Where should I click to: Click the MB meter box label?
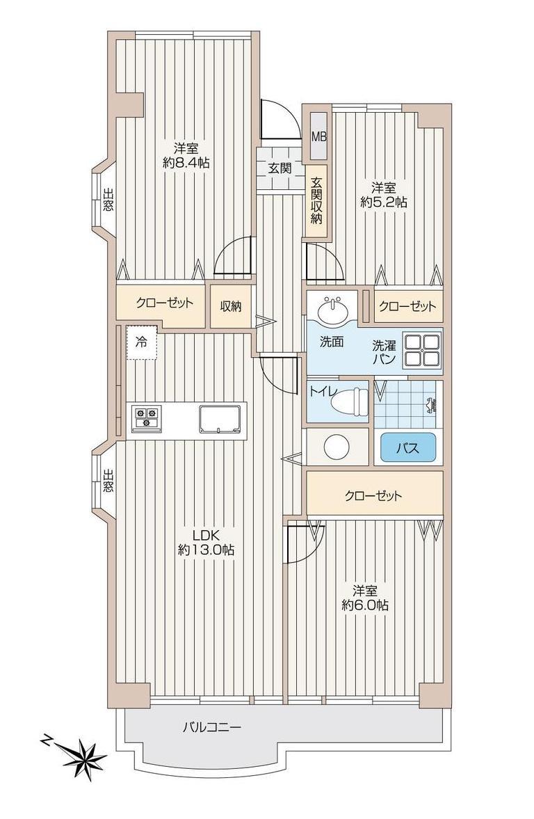pyautogui.click(x=318, y=137)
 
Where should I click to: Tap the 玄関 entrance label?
pyautogui.click(x=280, y=168)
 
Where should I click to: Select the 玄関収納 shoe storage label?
pyautogui.click(x=317, y=200)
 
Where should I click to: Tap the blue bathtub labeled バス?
pyautogui.click(x=408, y=447)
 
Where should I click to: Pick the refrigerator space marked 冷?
pyautogui.click(x=141, y=343)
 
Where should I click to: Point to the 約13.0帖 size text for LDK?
pyautogui.click(x=206, y=550)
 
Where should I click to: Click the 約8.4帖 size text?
pyautogui.click(x=186, y=162)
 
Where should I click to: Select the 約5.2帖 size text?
pyautogui.click(x=384, y=202)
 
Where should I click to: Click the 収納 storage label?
pyautogui.click(x=230, y=307)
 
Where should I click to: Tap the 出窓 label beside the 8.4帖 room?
pyautogui.click(x=108, y=200)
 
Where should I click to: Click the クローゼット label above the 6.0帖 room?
pyautogui.click(x=373, y=495)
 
